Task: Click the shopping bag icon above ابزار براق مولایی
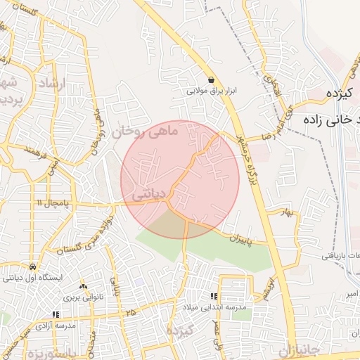pos(211,80)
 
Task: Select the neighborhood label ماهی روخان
pos(147,130)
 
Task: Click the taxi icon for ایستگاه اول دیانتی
pos(33,267)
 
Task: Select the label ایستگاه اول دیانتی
pos(33,278)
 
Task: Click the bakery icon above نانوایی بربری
pos(84,287)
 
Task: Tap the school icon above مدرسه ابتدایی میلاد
pos(213,297)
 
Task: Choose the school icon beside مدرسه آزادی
pos(56,315)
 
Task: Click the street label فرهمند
pos(33,150)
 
